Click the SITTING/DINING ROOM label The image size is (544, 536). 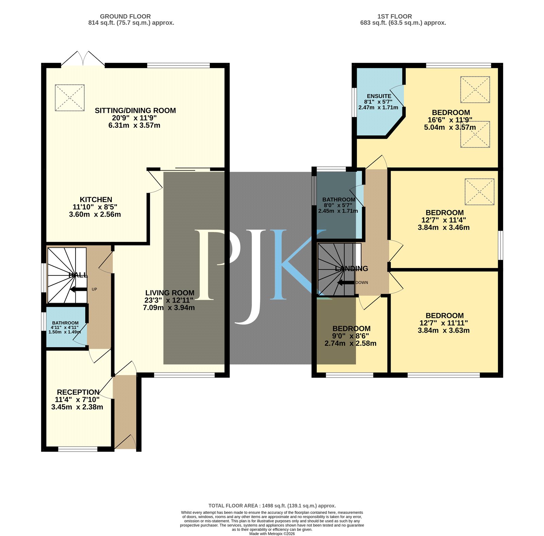click(x=135, y=111)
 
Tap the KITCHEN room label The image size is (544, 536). click(x=96, y=200)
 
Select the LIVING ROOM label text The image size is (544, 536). click(x=170, y=293)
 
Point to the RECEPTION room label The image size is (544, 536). click(x=78, y=392)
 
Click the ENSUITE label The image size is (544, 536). click(x=379, y=96)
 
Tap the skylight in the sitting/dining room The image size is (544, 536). click(x=70, y=98)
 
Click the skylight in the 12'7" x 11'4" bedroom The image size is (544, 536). click(x=479, y=192)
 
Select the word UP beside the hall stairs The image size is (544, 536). click(x=94, y=289)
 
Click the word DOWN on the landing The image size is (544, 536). click(x=362, y=283)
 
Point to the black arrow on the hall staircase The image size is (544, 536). click(x=78, y=289)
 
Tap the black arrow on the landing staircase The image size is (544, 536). click(x=346, y=283)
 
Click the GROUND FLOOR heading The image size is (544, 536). click(x=125, y=16)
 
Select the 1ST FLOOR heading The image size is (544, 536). click(x=394, y=16)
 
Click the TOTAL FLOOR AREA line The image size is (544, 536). click(x=272, y=506)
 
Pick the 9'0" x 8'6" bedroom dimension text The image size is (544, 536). click(x=351, y=336)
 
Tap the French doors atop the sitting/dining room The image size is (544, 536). click(x=83, y=58)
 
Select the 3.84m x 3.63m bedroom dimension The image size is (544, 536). click(x=444, y=330)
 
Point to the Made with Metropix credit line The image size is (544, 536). click(x=272, y=534)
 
